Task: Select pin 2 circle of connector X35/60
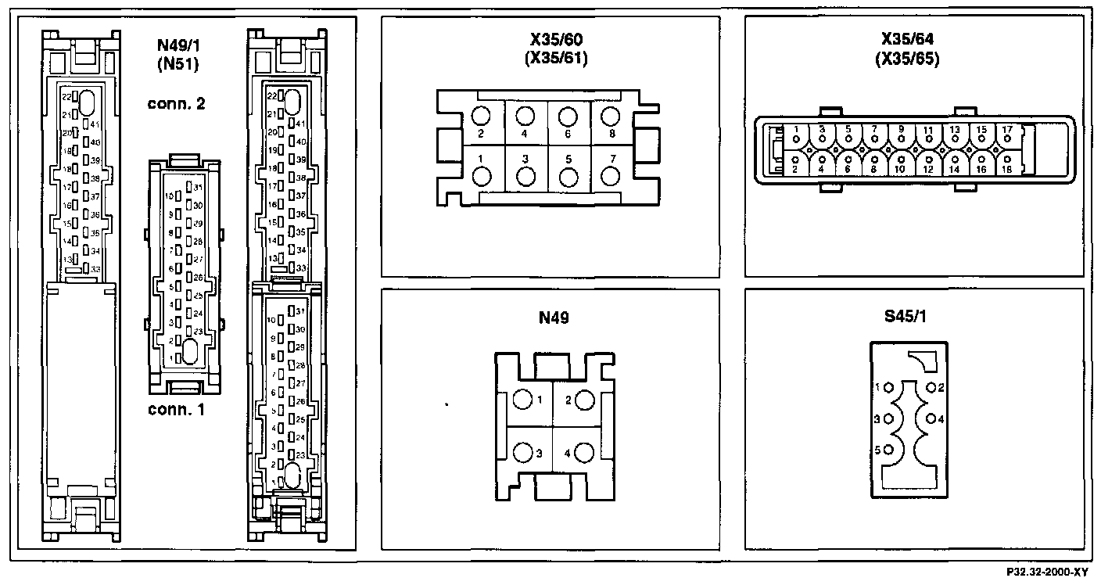click(481, 117)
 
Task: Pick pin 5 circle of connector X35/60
click(568, 175)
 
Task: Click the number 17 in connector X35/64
click(1007, 129)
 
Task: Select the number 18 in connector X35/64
click(1007, 169)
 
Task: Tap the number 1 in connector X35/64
click(795, 129)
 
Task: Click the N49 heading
click(552, 318)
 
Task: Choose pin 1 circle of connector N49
click(522, 400)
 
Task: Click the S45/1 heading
click(913, 318)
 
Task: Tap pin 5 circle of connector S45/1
click(889, 450)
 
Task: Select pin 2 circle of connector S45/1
click(931, 387)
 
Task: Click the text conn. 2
click(176, 104)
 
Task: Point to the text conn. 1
click(176, 408)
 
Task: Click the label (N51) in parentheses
click(177, 65)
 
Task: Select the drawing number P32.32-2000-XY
click(1048, 572)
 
